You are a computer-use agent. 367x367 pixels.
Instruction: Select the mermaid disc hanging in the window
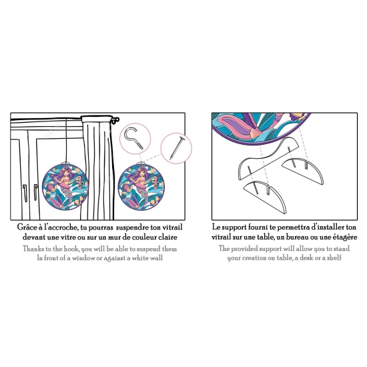coord(65,186)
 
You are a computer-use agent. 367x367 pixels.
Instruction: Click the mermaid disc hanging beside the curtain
coord(141,186)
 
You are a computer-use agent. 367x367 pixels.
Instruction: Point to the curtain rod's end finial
coord(115,120)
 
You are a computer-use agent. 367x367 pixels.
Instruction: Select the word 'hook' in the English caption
coord(71,249)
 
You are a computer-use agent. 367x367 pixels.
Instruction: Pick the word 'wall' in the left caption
coord(157,258)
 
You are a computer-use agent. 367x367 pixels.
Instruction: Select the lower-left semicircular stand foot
coord(265,196)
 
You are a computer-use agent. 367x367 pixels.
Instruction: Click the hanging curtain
coord(98,167)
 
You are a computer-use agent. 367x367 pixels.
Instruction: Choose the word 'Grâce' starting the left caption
coord(27,228)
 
